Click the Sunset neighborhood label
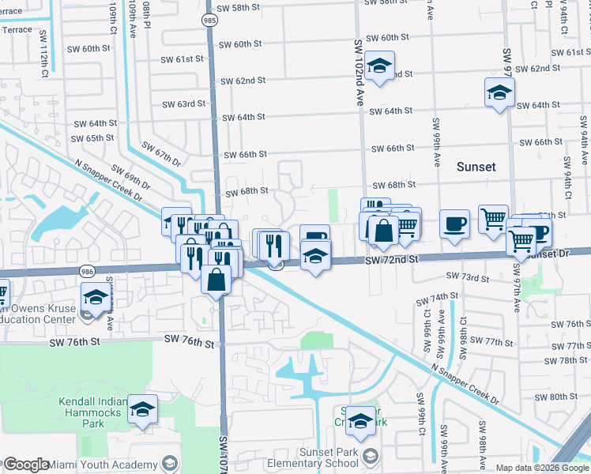tap(476, 167)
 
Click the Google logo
tap(26, 464)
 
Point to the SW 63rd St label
tap(183, 103)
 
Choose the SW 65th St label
tap(92, 138)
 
